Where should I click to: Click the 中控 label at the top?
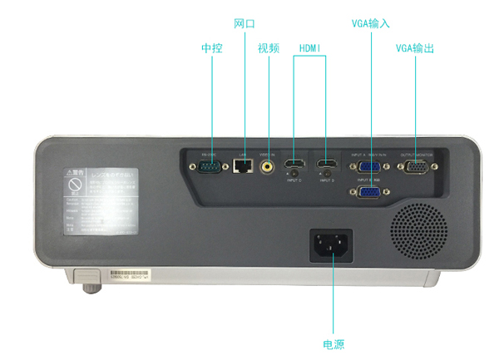coord(212,48)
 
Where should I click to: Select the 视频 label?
coord(268,48)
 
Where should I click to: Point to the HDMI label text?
coord(309,48)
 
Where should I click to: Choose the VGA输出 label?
coord(415,48)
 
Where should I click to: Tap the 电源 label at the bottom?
coord(333,344)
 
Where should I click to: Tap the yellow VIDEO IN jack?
coord(268,166)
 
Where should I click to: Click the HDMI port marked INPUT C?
coord(294,164)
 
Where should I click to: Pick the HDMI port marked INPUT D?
coord(326,164)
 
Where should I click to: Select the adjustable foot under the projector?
coord(86,288)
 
